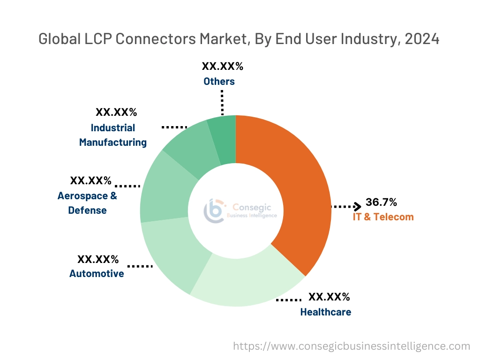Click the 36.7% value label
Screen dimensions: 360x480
(381, 202)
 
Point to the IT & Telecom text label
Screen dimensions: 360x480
(383, 217)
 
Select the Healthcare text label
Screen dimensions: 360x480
(325, 312)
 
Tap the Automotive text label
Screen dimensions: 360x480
(97, 273)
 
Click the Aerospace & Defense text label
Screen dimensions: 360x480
(87, 203)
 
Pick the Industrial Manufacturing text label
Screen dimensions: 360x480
(112, 135)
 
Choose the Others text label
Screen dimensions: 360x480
(219, 81)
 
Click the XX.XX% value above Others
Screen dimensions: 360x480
(222, 66)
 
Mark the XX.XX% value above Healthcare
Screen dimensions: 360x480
(329, 297)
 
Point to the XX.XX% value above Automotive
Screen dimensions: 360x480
(98, 259)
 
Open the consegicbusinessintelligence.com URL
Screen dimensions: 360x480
(352, 346)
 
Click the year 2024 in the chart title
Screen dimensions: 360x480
(422, 39)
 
